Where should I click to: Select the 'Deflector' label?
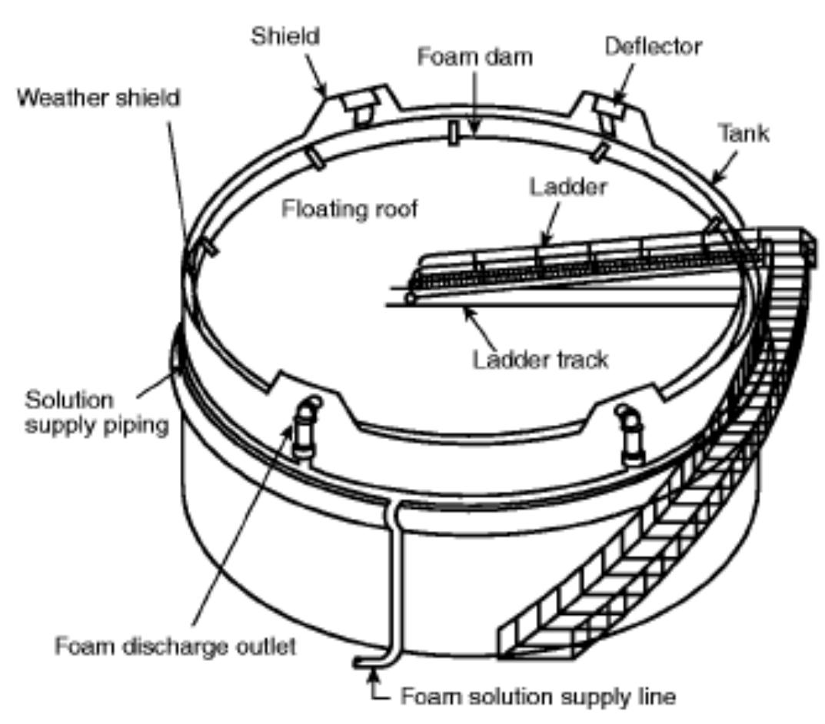pos(653,46)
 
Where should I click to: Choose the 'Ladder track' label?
pos(540,359)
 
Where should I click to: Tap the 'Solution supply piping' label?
pos(97,413)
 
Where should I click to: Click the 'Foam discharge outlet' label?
pos(175,646)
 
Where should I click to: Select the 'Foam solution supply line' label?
pos(538,697)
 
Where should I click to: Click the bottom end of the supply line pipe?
pos(362,661)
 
